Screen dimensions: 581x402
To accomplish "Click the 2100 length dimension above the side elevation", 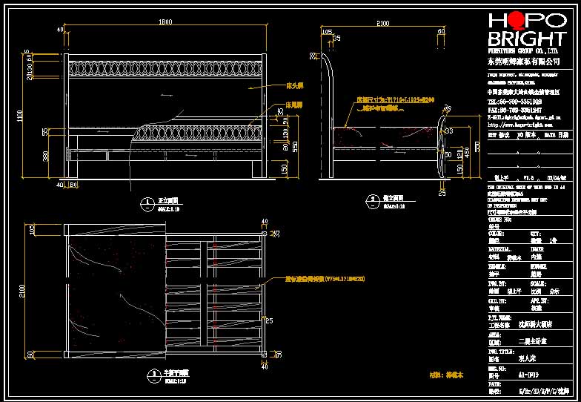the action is click(x=382, y=24).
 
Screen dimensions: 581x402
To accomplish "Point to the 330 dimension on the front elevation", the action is click(x=45, y=156).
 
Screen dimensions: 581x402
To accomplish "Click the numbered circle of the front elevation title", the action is click(x=144, y=202).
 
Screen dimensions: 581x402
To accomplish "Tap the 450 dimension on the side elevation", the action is click(x=468, y=152).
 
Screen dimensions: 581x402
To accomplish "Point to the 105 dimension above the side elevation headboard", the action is click(x=326, y=31).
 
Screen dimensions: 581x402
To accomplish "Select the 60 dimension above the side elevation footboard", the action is click(x=440, y=31).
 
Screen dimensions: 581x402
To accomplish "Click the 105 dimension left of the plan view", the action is click(x=32, y=231).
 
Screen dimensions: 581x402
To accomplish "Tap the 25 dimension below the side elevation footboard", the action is click(x=442, y=191).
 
